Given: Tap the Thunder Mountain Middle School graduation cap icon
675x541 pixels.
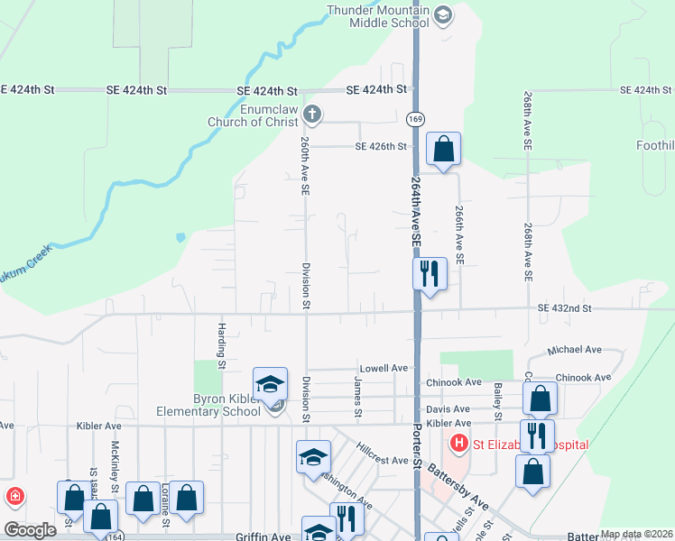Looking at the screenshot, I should pyautogui.click(x=443, y=14).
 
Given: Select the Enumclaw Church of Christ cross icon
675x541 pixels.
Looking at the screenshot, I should pyautogui.click(x=311, y=114).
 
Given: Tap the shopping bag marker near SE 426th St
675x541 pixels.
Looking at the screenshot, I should pyautogui.click(x=443, y=150).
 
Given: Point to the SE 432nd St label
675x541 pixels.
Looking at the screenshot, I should pyautogui.click(x=564, y=308).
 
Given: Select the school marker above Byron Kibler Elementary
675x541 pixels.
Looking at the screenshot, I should pyautogui.click(x=270, y=385).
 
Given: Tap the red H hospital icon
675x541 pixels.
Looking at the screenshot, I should pyautogui.click(x=458, y=443).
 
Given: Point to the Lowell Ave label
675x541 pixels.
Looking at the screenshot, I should pyautogui.click(x=384, y=368).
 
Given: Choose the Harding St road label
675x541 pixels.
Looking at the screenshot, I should pyautogui.click(x=220, y=346).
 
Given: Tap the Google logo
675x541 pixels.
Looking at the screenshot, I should pyautogui.click(x=30, y=530).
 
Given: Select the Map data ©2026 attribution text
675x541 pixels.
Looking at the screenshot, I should pyautogui.click(x=636, y=534).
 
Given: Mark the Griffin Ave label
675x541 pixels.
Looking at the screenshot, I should pyautogui.click(x=264, y=536).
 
